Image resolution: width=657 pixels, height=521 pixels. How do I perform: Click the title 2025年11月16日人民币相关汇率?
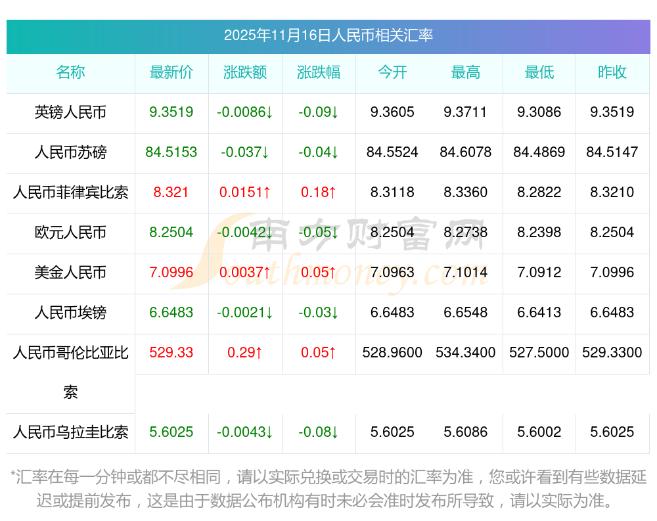[x=328, y=35]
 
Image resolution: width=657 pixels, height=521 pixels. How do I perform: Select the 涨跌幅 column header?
[x=319, y=72]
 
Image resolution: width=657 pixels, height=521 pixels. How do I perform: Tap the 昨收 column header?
[x=612, y=72]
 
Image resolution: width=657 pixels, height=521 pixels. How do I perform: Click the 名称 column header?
[x=70, y=72]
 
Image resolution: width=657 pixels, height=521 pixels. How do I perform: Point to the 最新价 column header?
[x=171, y=72]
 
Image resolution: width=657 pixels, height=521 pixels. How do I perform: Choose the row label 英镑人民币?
[x=70, y=112]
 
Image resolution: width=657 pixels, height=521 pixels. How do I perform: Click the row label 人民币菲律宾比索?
[x=70, y=193]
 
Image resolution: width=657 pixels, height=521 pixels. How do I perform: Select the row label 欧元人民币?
[x=70, y=233]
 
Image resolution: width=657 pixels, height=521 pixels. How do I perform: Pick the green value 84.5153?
[x=171, y=152]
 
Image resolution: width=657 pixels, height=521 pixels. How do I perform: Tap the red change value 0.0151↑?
[x=245, y=193]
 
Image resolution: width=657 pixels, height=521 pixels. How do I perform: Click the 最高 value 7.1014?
[x=466, y=273]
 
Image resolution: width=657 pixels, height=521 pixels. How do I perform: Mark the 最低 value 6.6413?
[x=539, y=313]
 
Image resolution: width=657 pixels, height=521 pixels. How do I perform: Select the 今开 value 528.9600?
[x=392, y=353]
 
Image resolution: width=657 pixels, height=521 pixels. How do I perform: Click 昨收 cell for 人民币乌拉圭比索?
[x=612, y=432]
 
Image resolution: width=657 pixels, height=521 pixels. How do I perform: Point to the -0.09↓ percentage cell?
[x=319, y=112]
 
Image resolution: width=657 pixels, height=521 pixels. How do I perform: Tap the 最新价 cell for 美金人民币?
[x=171, y=273]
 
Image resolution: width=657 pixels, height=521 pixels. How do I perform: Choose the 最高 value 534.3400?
[x=466, y=353]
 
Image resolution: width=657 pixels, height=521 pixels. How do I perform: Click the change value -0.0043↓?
[x=245, y=432]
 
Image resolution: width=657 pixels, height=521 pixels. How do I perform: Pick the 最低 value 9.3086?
[x=539, y=112]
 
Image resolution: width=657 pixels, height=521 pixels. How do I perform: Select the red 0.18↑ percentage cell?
[x=319, y=193]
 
